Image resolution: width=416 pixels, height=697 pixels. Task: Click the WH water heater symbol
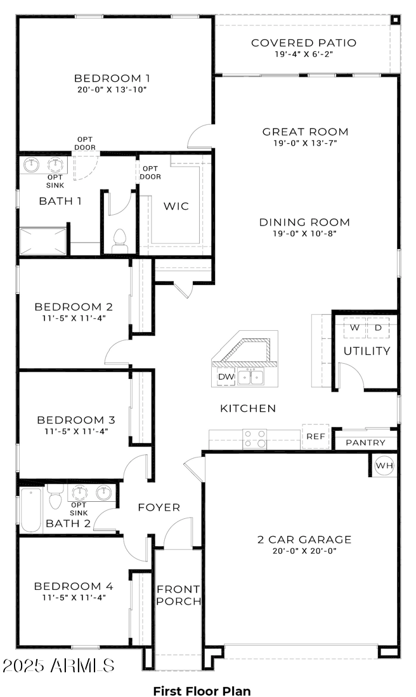[384, 466]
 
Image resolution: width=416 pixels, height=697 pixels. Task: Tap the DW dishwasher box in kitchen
[226, 376]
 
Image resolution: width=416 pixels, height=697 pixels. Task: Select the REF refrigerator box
[315, 437]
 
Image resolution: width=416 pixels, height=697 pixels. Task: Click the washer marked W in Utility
[355, 328]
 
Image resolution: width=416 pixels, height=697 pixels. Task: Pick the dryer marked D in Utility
[379, 328]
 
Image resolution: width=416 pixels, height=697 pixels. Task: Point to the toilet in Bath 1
[119, 240]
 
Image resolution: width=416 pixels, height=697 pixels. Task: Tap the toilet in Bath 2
[55, 498]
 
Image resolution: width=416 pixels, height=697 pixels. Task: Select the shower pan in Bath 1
[43, 241]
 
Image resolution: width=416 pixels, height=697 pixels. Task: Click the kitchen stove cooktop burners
[256, 438]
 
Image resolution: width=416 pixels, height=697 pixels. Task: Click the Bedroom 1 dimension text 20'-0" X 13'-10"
[112, 90]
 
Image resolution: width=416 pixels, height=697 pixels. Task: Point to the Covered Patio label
[304, 43]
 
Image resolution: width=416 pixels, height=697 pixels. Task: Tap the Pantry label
[365, 443]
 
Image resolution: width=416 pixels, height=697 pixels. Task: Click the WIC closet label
[176, 207]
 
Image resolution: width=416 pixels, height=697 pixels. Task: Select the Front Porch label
[178, 595]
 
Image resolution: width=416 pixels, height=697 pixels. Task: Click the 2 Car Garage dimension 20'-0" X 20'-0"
[304, 551]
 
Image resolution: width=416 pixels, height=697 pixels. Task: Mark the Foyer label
[159, 508]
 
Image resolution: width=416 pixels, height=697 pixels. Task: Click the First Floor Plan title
[202, 691]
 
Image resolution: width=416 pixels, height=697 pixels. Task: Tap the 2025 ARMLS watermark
[58, 666]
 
